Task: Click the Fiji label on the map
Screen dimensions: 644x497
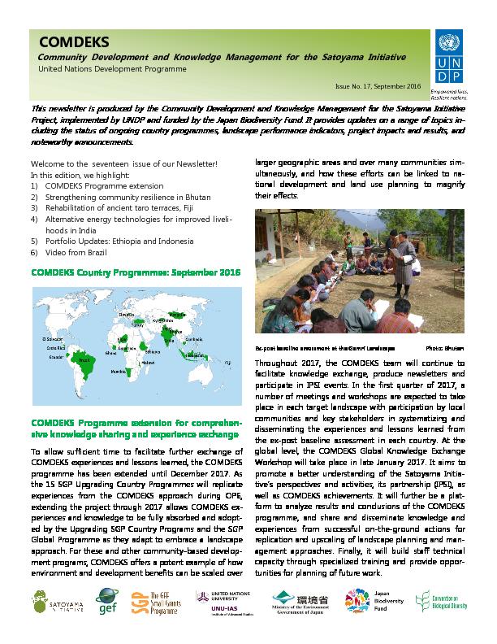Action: pos(227,361)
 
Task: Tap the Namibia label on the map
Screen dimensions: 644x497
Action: pos(119,371)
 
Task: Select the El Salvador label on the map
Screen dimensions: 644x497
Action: pos(53,337)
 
